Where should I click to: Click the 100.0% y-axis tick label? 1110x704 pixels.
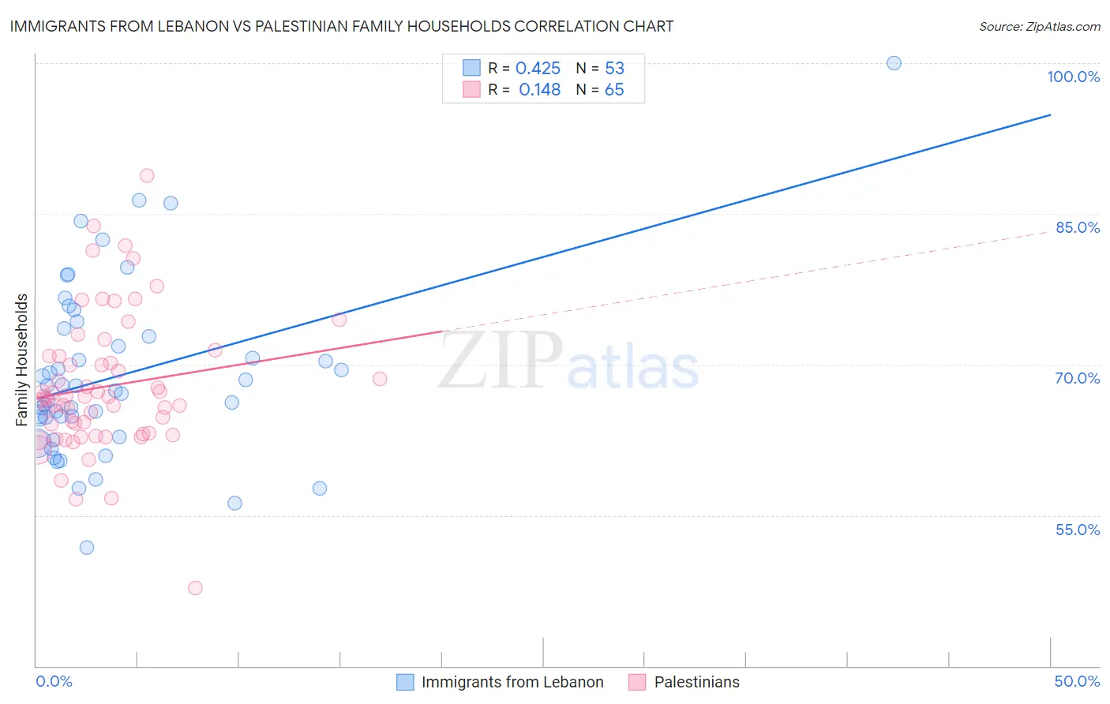pyautogui.click(x=1073, y=77)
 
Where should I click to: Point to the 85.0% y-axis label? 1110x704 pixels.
pyautogui.click(x=1078, y=227)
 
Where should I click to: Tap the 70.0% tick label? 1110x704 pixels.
pyautogui.click(x=1078, y=378)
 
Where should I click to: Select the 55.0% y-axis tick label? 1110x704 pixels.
pyautogui.click(x=1078, y=530)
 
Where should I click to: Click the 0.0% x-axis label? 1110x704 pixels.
pyautogui.click(x=54, y=681)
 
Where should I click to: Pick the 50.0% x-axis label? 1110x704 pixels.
pyautogui.click(x=1077, y=681)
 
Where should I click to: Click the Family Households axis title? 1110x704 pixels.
pyautogui.click(x=21, y=360)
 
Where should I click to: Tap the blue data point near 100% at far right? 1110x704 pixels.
pyautogui.click(x=894, y=63)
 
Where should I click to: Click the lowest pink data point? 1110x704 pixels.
pyautogui.click(x=195, y=588)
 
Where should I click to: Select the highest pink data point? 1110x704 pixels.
pyautogui.click(x=147, y=176)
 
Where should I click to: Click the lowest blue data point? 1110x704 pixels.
pyautogui.click(x=87, y=548)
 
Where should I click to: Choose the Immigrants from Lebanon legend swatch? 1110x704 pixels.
pyautogui.click(x=405, y=682)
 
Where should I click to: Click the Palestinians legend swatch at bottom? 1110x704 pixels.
pyautogui.click(x=637, y=682)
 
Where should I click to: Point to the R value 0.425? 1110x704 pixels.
pyautogui.click(x=538, y=68)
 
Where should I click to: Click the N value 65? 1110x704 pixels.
pyautogui.click(x=614, y=90)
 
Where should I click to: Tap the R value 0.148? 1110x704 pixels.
pyautogui.click(x=539, y=90)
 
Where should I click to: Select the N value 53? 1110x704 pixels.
pyautogui.click(x=614, y=68)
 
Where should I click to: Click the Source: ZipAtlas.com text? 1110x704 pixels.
pyautogui.click(x=1039, y=27)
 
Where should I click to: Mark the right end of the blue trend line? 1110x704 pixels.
pyautogui.click(x=1050, y=115)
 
